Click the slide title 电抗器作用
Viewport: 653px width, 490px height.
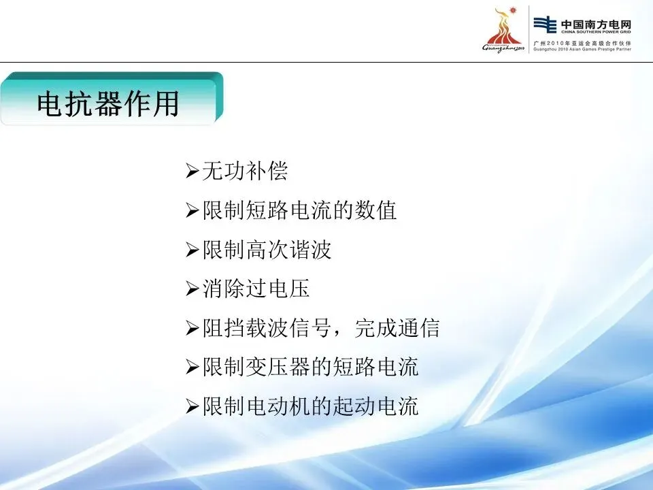[108, 103]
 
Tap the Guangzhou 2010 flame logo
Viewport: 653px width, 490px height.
[503, 30]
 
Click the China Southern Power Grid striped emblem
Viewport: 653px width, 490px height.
[545, 24]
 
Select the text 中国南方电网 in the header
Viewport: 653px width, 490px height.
[596, 24]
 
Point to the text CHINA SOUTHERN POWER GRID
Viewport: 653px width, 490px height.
[596, 32]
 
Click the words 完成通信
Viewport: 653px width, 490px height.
[397, 327]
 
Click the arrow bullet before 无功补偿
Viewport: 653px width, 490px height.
[192, 171]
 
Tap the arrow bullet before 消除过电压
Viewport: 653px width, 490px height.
[192, 289]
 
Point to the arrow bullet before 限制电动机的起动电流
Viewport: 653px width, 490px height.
[192, 406]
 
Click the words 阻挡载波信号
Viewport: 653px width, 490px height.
[267, 327]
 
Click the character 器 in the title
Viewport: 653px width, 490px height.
[108, 103]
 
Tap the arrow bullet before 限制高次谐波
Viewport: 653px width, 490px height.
[192, 250]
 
